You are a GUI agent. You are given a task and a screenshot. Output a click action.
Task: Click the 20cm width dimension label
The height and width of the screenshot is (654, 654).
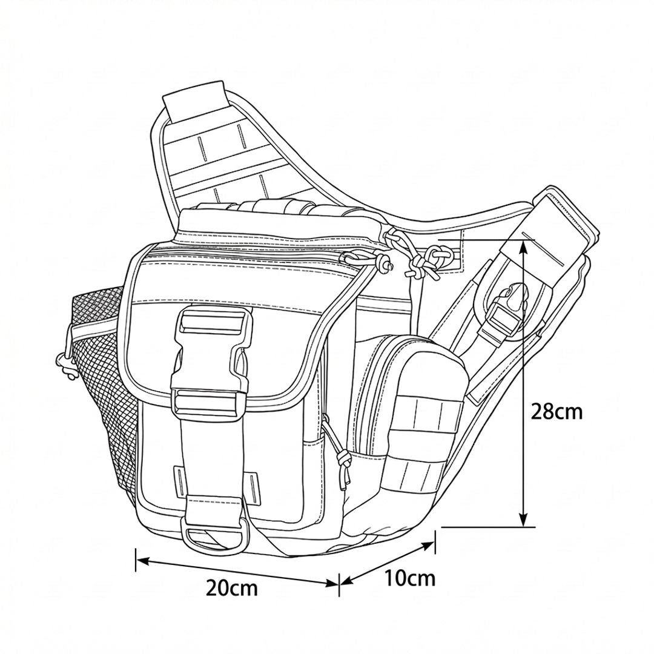(x=232, y=588)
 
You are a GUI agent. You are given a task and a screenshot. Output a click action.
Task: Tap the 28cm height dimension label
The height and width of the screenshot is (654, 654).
(x=557, y=412)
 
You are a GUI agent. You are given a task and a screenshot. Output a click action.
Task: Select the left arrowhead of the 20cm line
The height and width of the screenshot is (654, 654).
(x=142, y=561)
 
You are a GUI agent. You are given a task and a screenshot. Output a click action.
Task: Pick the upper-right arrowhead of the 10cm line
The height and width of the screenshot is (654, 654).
(x=429, y=545)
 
